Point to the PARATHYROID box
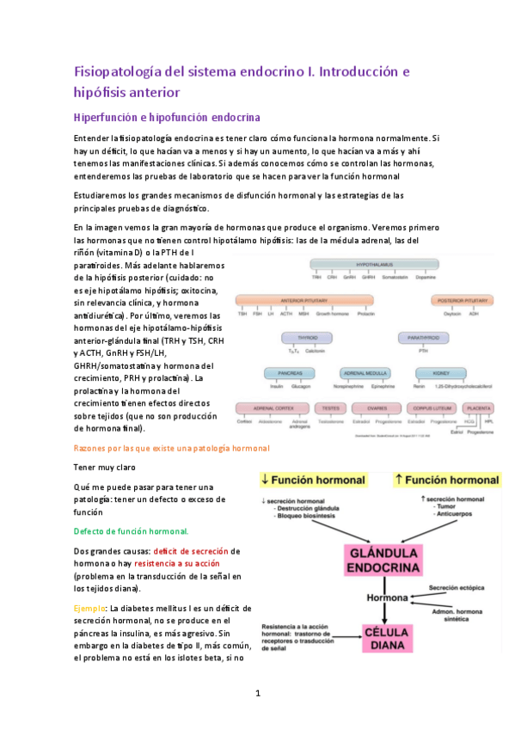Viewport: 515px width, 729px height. [x=423, y=340]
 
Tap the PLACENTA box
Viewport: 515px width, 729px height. [x=479, y=409]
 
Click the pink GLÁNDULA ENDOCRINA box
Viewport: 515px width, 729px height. [x=383, y=558]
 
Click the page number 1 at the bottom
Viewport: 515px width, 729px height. [x=257, y=693]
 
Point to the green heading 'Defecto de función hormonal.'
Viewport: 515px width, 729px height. [x=131, y=530]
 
